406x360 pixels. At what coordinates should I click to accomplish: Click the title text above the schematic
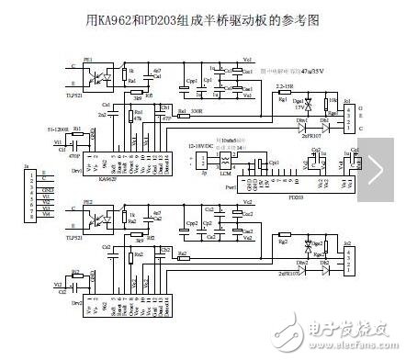click(201, 17)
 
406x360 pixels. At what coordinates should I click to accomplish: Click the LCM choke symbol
click(220, 165)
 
